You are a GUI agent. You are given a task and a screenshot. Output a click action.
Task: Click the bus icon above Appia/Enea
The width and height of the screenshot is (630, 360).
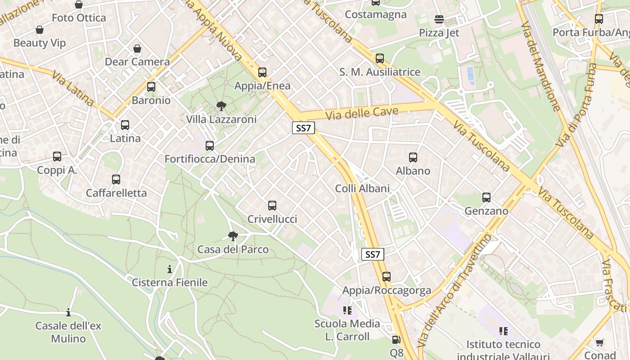[262, 72]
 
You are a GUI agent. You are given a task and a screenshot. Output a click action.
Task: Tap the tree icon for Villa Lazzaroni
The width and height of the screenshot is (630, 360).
[221, 106]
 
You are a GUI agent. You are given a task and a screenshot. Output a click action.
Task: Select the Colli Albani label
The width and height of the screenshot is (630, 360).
[362, 188]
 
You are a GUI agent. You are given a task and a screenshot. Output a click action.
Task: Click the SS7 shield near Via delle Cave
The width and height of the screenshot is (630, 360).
[303, 128]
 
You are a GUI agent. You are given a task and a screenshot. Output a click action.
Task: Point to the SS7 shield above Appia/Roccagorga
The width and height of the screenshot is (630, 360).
[373, 254]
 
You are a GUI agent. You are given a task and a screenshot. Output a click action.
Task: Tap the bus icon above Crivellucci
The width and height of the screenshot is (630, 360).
[272, 206]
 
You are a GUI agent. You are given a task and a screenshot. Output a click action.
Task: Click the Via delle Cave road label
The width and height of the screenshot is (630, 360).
[362, 112]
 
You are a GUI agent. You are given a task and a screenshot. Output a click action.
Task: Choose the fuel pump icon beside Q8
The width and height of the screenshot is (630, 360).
[396, 340]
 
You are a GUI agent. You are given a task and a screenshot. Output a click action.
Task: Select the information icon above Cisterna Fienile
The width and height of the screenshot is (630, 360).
[170, 270]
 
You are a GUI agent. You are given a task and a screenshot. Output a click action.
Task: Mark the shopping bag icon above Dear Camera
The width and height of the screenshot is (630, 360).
[137, 49]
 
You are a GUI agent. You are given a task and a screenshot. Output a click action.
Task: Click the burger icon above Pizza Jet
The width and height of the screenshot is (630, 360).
[439, 19]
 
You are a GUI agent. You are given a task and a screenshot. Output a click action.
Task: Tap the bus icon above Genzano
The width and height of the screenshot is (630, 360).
[486, 198]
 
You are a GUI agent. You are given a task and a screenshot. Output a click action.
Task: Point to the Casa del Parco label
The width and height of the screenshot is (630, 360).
[233, 249]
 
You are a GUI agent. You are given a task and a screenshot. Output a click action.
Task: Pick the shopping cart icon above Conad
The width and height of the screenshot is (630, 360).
[599, 343]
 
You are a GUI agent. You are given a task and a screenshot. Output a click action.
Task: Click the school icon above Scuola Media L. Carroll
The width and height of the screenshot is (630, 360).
[347, 310]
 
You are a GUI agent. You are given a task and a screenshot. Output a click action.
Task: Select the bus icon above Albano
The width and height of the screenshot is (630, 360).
[413, 157]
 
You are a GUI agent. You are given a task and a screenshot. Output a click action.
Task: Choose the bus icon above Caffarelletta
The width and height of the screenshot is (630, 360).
[116, 180]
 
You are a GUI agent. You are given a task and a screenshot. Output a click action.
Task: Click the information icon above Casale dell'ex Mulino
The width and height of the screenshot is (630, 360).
[68, 312]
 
